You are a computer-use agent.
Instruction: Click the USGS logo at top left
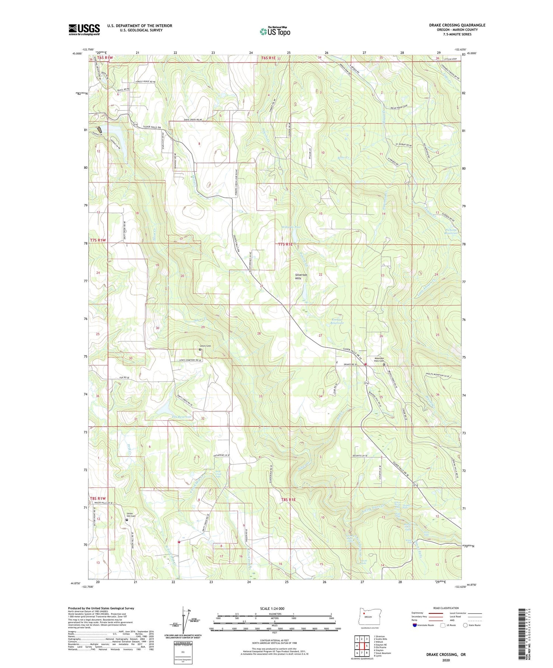(x=84, y=29)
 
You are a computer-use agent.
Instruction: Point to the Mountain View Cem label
(x=379, y=360)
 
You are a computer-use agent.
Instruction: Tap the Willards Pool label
(x=291, y=227)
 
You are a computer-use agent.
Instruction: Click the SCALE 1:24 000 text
(x=272, y=608)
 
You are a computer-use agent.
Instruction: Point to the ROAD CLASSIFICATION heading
(x=446, y=608)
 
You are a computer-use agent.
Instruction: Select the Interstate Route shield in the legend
(x=414, y=625)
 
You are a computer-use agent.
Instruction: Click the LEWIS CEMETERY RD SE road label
(x=191, y=360)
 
